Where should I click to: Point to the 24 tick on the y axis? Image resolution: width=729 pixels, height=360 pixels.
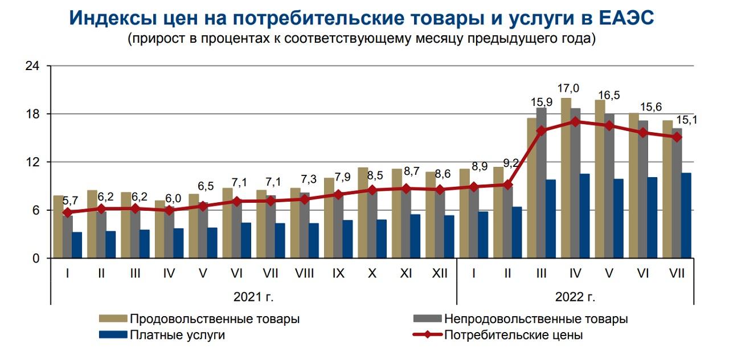(32, 66)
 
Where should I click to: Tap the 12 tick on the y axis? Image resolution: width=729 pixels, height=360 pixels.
(32, 162)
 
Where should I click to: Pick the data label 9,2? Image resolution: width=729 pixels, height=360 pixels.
(511, 163)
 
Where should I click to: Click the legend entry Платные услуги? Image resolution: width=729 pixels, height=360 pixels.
(177, 335)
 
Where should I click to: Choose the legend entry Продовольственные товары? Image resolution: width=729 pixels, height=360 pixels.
(214, 318)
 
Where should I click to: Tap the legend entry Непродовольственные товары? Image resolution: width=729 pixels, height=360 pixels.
(535, 318)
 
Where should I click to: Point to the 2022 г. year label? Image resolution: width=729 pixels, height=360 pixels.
(575, 297)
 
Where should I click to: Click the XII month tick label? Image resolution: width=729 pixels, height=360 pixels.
(439, 273)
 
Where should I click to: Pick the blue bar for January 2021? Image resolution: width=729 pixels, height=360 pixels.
(77, 245)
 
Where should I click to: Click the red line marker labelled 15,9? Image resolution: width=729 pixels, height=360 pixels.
(541, 130)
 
